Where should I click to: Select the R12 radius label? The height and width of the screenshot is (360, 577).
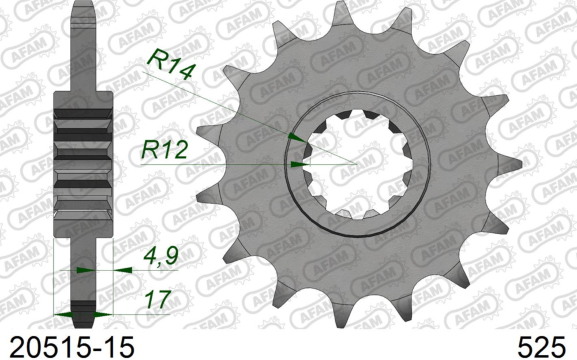[165, 151]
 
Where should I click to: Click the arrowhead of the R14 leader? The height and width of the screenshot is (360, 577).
[295, 138]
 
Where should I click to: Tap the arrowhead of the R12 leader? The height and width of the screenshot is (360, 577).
[299, 164]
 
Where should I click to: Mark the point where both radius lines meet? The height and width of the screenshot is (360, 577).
[357, 164]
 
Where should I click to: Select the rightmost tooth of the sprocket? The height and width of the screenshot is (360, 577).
[514, 163]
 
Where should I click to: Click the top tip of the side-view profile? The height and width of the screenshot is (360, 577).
[84, 6]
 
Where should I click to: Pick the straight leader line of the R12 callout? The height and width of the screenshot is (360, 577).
[219, 164]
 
